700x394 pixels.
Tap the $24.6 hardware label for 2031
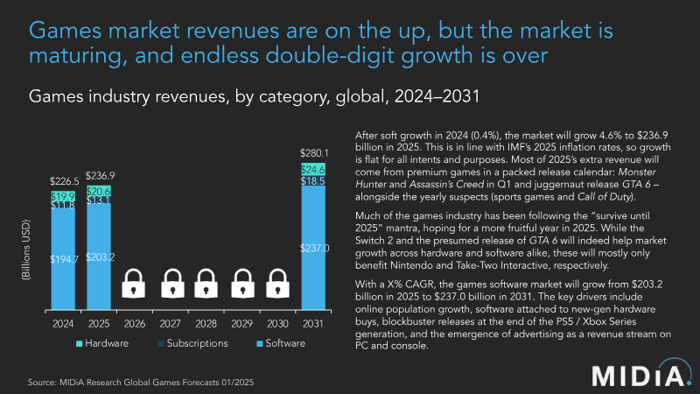(x=314, y=169)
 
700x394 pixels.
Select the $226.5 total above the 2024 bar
(x=63, y=181)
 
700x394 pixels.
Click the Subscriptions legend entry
(x=184, y=344)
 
